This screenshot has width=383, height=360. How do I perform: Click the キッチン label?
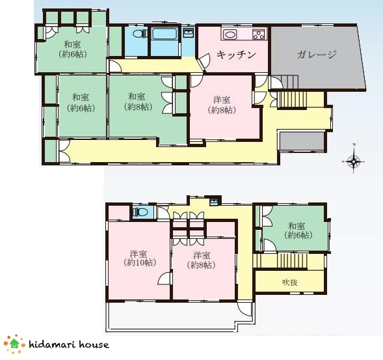click(x=236, y=55)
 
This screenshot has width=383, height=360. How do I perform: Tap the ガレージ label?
click(x=317, y=54)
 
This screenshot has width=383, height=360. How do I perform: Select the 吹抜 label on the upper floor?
click(x=290, y=283)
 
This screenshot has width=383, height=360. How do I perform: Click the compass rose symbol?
click(x=354, y=161)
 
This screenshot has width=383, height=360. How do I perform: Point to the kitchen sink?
click(x=230, y=35)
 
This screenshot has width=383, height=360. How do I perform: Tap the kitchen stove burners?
click(x=259, y=35)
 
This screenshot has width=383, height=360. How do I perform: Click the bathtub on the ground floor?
click(x=164, y=34)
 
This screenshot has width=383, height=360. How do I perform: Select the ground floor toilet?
click(x=140, y=33)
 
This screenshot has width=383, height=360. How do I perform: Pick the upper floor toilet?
click(x=140, y=212)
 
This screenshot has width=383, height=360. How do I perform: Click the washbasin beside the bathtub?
click(x=188, y=33)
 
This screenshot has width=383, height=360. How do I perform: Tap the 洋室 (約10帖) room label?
click(x=140, y=258)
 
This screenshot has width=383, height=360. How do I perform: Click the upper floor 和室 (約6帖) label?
click(x=298, y=230)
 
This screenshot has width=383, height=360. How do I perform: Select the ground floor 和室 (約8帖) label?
click(x=138, y=102)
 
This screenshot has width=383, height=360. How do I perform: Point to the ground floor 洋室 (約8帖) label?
click(x=222, y=105)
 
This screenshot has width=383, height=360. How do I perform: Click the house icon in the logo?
click(x=14, y=344)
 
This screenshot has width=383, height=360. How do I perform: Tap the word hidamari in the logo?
click(x=52, y=344)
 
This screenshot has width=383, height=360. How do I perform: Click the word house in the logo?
click(x=94, y=344)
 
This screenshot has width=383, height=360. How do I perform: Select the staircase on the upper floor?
click(x=292, y=260)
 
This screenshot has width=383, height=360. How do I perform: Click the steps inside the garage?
click(x=291, y=82)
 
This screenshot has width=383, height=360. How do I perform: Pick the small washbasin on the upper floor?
click(x=214, y=202)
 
